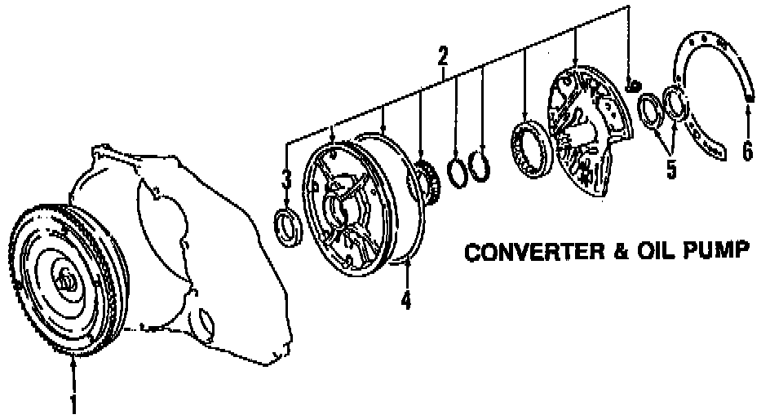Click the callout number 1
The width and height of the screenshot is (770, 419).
pyautogui.click(x=74, y=403)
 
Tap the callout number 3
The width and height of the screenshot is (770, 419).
pyautogui.click(x=285, y=177)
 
